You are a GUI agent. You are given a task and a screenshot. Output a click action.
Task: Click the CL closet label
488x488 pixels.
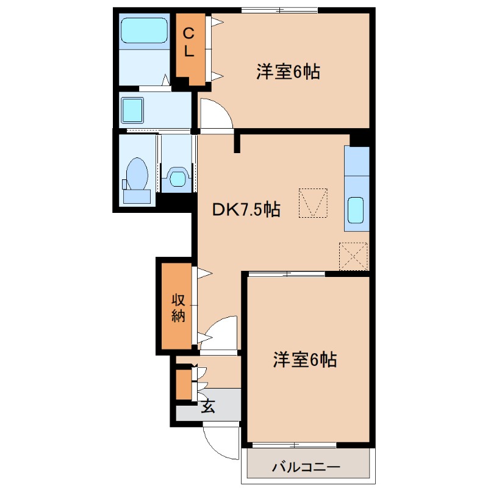point(189,42)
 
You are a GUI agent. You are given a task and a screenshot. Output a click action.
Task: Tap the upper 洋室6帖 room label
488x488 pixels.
point(289,73)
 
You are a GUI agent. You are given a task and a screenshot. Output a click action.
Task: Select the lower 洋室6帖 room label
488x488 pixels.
point(305,360)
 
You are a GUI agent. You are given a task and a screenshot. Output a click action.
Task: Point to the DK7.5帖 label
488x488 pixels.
point(246,210)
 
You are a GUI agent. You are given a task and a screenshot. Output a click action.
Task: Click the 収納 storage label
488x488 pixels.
point(178,307)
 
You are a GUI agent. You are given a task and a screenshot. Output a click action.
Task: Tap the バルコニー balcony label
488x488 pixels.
point(306,468)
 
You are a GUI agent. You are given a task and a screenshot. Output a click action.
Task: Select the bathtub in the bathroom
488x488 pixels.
point(144,31)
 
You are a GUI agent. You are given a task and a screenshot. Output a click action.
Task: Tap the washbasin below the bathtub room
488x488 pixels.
point(132,110)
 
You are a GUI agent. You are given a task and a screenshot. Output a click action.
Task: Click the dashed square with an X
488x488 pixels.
point(354,256)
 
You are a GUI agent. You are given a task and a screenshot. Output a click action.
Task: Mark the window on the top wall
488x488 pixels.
point(279,9)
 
